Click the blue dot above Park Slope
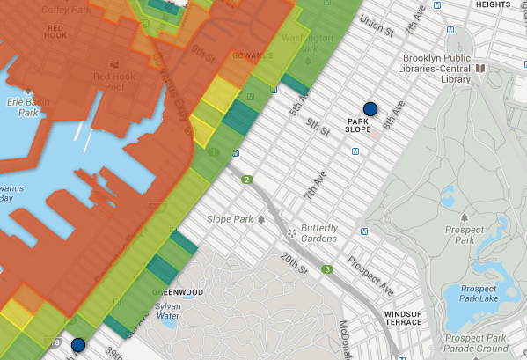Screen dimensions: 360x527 (x=370, y=108)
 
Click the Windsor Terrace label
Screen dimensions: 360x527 (x=404, y=319)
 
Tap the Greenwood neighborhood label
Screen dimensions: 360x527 (x=179, y=291)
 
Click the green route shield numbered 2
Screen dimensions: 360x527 (x=247, y=180)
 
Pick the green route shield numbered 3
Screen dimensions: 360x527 (x=327, y=268)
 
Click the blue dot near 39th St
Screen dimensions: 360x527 (x=77, y=346)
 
